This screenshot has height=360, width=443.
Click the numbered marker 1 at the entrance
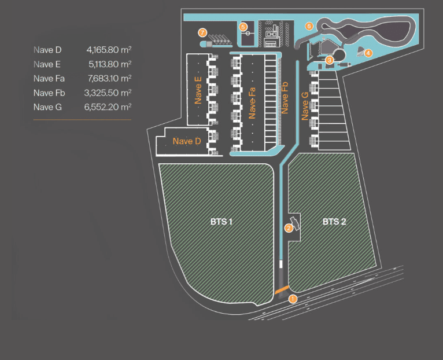[x=293, y=299]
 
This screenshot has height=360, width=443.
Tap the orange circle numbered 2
[x=288, y=227]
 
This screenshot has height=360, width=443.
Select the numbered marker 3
[x=329, y=59]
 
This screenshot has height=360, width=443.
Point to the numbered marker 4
[x=368, y=53]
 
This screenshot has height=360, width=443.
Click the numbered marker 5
[x=243, y=27]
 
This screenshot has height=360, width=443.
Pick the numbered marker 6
[x=309, y=26]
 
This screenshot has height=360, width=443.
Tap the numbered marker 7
[x=202, y=32]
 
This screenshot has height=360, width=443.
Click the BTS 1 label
[x=221, y=221]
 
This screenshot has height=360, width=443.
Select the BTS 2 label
[x=334, y=221]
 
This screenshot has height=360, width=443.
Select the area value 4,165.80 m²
[x=109, y=50]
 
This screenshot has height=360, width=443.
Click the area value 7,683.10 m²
[x=109, y=78]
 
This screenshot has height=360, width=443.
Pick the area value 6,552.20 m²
[x=109, y=106]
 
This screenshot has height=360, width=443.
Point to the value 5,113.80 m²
[x=109, y=64]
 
